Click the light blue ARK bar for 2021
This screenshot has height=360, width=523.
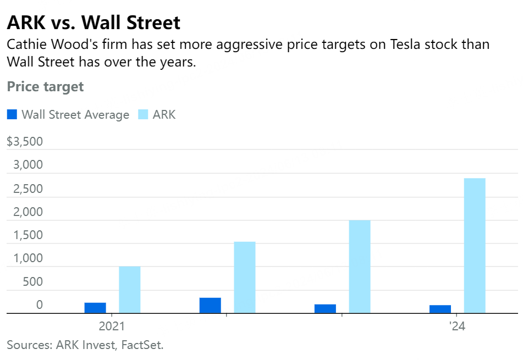(x=130, y=290)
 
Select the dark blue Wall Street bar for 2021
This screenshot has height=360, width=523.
(x=95, y=308)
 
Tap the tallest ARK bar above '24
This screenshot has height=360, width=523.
(x=475, y=246)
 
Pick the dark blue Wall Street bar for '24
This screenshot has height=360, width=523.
(x=441, y=309)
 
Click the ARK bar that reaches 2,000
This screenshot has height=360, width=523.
(x=360, y=267)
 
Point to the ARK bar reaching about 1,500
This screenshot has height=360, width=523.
(x=245, y=278)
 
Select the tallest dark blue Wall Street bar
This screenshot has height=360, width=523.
(x=210, y=306)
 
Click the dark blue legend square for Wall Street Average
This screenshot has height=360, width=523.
(x=12, y=114)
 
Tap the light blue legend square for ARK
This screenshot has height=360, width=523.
(x=142, y=114)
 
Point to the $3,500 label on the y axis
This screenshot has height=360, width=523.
(x=25, y=141)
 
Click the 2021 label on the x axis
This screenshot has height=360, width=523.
(x=112, y=326)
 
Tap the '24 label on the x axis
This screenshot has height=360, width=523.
(x=457, y=326)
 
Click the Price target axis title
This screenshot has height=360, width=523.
(x=45, y=86)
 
